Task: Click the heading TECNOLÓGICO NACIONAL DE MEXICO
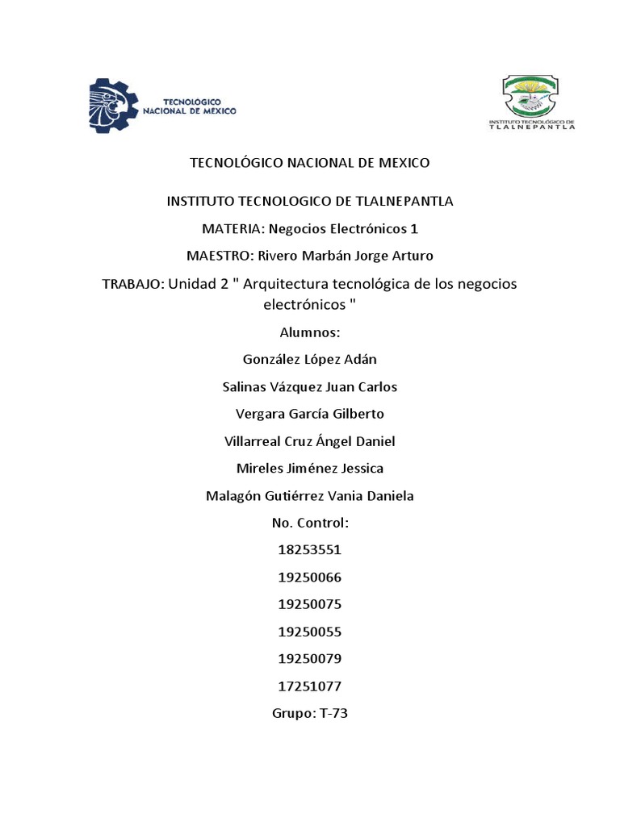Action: (310, 163)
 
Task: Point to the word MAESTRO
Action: (219, 256)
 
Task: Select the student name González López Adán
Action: (310, 359)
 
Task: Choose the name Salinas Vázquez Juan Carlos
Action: (310, 387)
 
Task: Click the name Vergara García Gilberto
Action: (310, 415)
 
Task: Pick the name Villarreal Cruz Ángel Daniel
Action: (310, 441)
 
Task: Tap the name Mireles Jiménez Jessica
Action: (310, 469)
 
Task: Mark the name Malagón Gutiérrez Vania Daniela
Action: (310, 496)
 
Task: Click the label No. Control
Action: (310, 523)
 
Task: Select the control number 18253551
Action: (310, 551)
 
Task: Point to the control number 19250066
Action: (310, 578)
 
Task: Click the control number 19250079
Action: (310, 659)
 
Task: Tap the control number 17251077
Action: (310, 686)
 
